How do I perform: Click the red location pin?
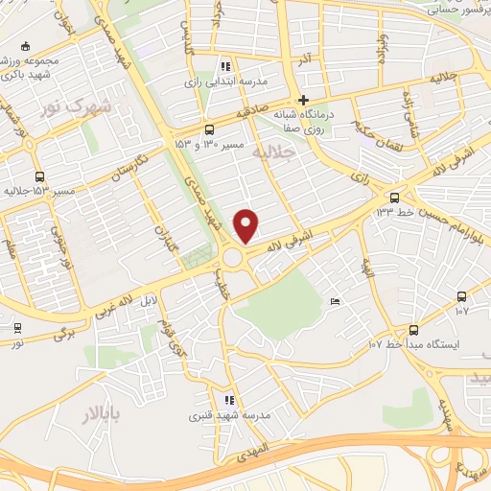pos(247,225)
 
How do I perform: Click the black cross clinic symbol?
pos(303,100)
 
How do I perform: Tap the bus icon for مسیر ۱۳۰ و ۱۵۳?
pos(209,129)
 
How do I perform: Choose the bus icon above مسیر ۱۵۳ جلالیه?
pos(39,176)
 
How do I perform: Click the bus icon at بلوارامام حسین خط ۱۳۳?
pos(392,199)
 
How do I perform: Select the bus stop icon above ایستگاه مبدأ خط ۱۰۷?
pos(462,296)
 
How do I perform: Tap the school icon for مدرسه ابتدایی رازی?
pos(225,67)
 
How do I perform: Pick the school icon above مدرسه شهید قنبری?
pos(228,401)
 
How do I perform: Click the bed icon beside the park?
pos(335,302)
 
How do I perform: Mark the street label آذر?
pos(306,60)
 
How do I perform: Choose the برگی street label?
pos(64,332)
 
